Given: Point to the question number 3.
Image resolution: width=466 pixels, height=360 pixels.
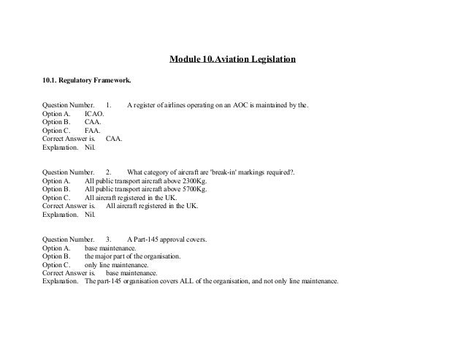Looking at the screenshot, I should coord(108,240).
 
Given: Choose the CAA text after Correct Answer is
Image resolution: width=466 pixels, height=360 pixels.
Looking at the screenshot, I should coord(113,138).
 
